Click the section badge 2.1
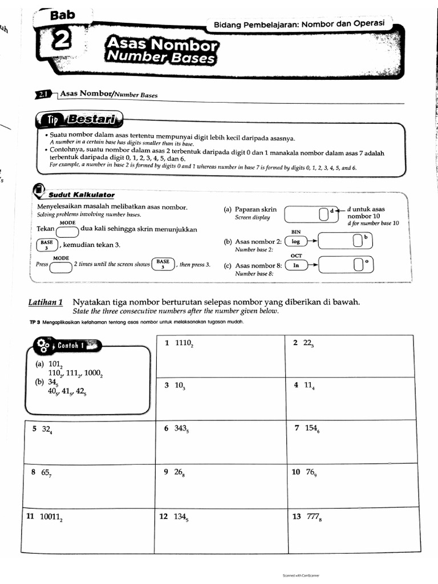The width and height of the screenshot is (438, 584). pyautogui.click(x=43, y=94)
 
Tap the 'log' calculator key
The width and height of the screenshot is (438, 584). pyautogui.click(x=295, y=241)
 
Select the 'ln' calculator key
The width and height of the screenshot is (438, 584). pyautogui.click(x=295, y=265)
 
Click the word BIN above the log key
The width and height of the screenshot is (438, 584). pyautogui.click(x=295, y=232)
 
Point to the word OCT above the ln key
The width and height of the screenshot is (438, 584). pyautogui.click(x=296, y=256)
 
